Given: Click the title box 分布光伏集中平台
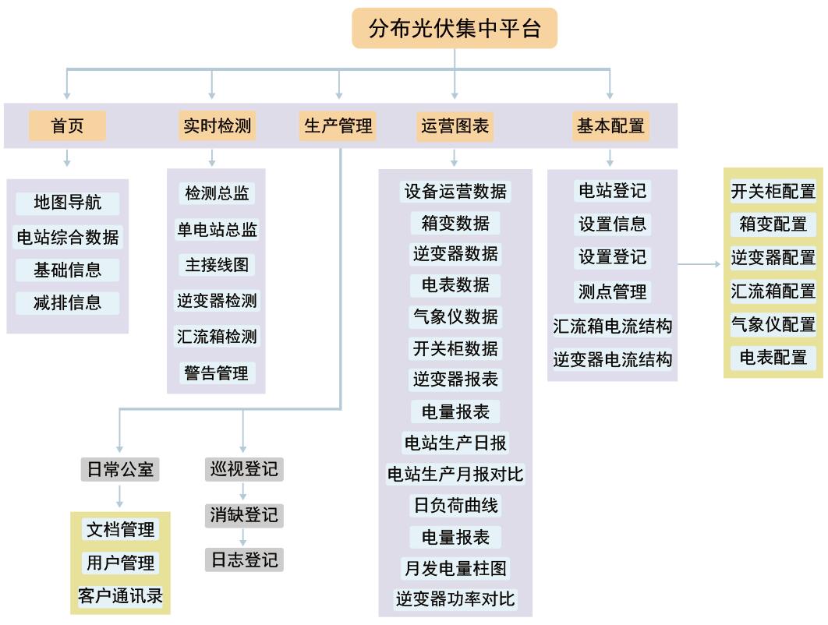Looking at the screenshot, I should pyautogui.click(x=455, y=29).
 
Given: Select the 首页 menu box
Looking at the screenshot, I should pyautogui.click(x=67, y=125).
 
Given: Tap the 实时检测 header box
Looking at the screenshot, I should pyautogui.click(x=217, y=125).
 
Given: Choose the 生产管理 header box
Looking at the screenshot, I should pyautogui.click(x=338, y=125).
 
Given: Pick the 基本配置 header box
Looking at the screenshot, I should pyautogui.click(x=610, y=125).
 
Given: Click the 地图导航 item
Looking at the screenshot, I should pyautogui.click(x=68, y=203).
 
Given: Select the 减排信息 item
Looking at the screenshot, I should pyautogui.click(x=68, y=302).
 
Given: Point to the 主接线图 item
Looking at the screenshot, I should pyautogui.click(x=217, y=265).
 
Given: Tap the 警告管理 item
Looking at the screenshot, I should pyautogui.click(x=217, y=373).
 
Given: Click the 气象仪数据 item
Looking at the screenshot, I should pyautogui.click(x=455, y=317).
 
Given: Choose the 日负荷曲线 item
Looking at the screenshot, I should pyautogui.click(x=455, y=506).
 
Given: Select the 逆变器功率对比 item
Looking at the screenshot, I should pyautogui.click(x=455, y=599).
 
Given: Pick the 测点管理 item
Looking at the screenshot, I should pyautogui.click(x=612, y=292).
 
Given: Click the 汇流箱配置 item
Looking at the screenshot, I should pyautogui.click(x=773, y=291).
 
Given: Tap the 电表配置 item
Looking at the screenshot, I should pyautogui.click(x=773, y=358).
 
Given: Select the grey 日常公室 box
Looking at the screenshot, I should pyautogui.click(x=119, y=470).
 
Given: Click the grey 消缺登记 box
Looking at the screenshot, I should pyautogui.click(x=243, y=515).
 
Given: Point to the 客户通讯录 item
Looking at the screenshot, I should pyautogui.click(x=121, y=596).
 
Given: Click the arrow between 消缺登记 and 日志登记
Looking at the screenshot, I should pyautogui.click(x=243, y=537).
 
